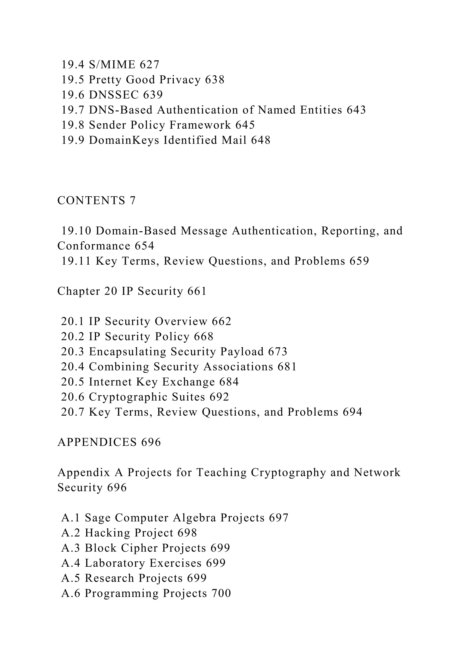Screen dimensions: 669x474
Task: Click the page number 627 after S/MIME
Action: [150, 64]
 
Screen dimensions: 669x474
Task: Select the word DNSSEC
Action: [114, 95]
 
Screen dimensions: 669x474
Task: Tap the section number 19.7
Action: [73, 110]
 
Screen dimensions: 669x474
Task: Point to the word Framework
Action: [200, 125]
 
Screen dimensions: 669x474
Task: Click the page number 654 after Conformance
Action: [144, 246]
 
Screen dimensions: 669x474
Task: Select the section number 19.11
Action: [76, 261]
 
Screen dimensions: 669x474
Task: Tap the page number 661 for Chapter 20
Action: [197, 291]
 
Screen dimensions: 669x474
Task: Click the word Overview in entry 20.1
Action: [181, 321]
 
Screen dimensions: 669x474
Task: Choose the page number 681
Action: [287, 367]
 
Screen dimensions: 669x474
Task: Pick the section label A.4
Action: [71, 563]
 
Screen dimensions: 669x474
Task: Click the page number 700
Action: [221, 593]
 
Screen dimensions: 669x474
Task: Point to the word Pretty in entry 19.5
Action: [103, 79]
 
